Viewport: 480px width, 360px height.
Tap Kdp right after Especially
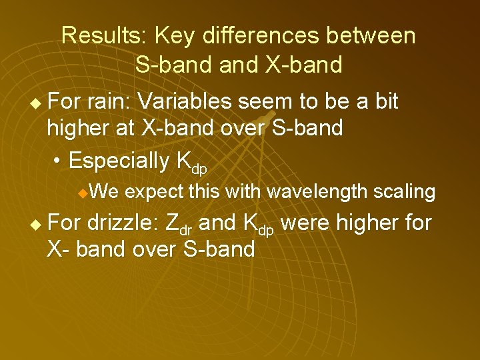click(x=191, y=163)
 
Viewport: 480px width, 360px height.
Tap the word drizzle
click(x=125, y=222)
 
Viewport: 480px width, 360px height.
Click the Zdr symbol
click(x=179, y=224)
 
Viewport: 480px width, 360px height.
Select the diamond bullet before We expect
click(x=81, y=194)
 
